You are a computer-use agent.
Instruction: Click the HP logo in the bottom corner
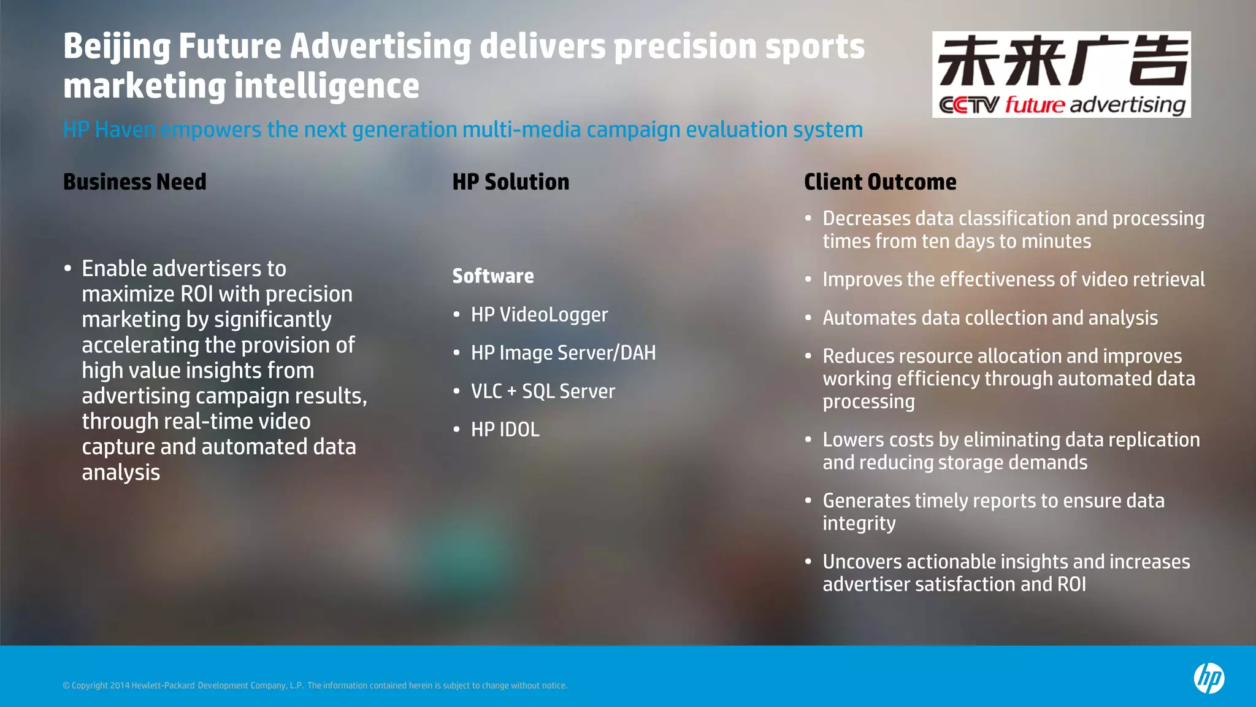pyautogui.click(x=1209, y=678)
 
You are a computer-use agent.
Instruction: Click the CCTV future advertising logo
pyautogui.click(x=1061, y=74)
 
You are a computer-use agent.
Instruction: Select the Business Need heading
pyautogui.click(x=135, y=182)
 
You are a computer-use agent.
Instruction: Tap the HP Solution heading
pyautogui.click(x=511, y=182)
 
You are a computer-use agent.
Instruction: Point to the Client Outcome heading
pyautogui.click(x=880, y=182)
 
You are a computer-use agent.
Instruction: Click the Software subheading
pyautogui.click(x=493, y=276)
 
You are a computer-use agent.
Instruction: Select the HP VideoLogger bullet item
pyautogui.click(x=539, y=314)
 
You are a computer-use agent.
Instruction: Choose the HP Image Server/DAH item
pyautogui.click(x=563, y=353)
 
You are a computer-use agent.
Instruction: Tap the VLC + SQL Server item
pyautogui.click(x=543, y=392)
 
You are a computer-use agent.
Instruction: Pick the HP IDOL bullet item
pyautogui.click(x=505, y=430)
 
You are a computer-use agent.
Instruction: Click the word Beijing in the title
pyautogui.click(x=117, y=47)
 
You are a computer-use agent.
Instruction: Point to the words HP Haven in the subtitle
pyautogui.click(x=109, y=129)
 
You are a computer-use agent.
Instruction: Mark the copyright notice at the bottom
pyautogui.click(x=315, y=686)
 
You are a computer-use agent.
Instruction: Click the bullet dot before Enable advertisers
pyautogui.click(x=68, y=269)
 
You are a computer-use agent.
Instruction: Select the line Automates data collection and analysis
pyautogui.click(x=990, y=318)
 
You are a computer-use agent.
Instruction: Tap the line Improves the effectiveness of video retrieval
pyautogui.click(x=1013, y=279)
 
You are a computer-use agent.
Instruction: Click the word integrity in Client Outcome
pyautogui.click(x=859, y=523)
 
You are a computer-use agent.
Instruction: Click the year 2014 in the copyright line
pyautogui.click(x=120, y=686)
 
